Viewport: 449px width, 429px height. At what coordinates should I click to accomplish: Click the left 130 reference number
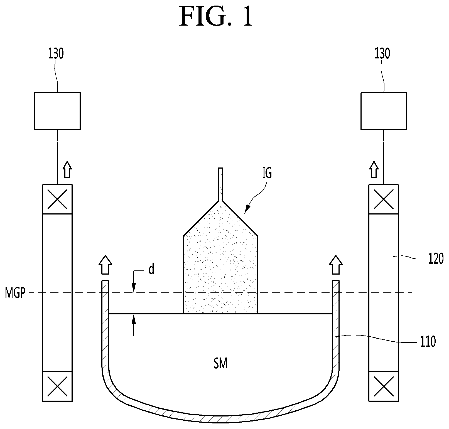click(x=56, y=54)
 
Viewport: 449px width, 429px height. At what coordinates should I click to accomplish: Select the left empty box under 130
click(x=57, y=111)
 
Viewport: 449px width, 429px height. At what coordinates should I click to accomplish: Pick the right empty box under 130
click(x=383, y=111)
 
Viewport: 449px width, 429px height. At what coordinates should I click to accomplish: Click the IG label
click(x=267, y=173)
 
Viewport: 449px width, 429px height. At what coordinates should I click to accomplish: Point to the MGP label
click(x=15, y=293)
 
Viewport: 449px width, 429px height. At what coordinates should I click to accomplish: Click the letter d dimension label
click(x=151, y=269)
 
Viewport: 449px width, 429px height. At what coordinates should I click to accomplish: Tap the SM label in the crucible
click(x=220, y=364)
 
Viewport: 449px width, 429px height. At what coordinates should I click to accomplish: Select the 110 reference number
click(x=428, y=341)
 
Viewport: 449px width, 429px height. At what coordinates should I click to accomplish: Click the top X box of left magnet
click(x=57, y=199)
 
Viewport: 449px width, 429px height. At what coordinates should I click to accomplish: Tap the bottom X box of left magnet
click(x=57, y=386)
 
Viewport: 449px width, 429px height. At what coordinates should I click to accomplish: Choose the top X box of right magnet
click(x=383, y=199)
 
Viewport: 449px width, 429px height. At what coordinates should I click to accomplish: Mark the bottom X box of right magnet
click(x=383, y=386)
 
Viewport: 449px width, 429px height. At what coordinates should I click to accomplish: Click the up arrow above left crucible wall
click(x=105, y=265)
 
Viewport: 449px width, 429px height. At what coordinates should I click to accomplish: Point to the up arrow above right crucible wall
click(x=336, y=265)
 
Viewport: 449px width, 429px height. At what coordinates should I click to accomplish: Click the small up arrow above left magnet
click(x=67, y=170)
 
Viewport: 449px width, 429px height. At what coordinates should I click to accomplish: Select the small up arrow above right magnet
click(x=374, y=170)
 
